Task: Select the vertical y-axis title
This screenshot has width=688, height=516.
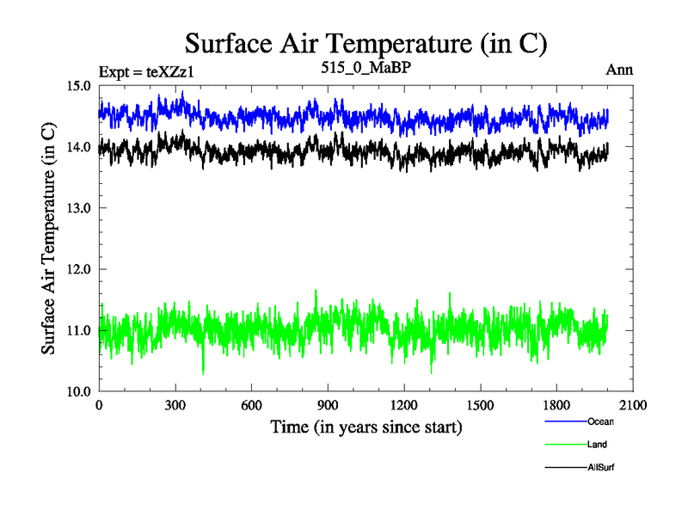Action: [49, 239]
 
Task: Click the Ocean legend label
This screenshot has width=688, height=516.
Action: [601, 421]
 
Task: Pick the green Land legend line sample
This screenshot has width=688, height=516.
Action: [566, 445]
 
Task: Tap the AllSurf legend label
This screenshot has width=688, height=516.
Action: [601, 467]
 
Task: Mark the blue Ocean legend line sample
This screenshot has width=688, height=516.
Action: [566, 421]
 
